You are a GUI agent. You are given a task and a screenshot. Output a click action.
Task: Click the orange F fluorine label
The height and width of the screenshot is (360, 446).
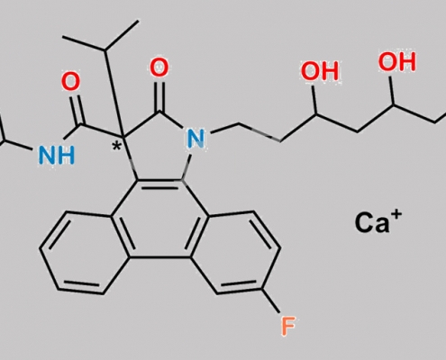point(288,327)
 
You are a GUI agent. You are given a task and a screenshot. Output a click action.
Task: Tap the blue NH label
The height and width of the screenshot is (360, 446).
point(57,156)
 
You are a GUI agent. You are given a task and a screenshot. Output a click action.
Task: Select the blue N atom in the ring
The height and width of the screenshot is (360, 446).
point(196,139)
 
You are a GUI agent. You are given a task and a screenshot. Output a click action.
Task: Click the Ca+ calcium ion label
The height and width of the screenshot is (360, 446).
point(378,221)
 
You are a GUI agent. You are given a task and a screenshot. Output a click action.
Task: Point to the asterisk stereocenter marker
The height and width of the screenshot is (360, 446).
point(116,147)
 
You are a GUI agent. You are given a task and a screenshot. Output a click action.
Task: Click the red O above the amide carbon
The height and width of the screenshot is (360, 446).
point(71,82)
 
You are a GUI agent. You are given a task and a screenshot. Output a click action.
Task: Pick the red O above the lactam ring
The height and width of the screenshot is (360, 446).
point(159,67)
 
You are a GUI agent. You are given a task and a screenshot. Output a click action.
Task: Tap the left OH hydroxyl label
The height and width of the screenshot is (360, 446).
point(320,71)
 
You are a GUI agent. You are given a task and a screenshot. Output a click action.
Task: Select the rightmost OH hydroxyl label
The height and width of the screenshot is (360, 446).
point(397,62)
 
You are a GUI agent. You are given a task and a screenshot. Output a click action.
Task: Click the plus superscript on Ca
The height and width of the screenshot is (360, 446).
point(396,214)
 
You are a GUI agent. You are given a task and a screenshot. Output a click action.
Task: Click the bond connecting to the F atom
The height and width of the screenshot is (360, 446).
point(270,301)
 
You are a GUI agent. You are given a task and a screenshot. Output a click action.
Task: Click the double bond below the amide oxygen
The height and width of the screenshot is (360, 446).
point(77,110)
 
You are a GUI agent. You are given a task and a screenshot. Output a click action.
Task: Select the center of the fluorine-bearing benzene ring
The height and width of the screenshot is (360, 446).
point(235,252)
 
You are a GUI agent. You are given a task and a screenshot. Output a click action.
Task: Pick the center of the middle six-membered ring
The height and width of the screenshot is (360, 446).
point(160,219)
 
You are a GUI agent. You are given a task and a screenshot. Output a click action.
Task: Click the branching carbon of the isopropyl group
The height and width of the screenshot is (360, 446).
point(105,49)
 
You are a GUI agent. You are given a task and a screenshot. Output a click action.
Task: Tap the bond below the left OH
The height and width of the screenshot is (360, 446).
point(314,100)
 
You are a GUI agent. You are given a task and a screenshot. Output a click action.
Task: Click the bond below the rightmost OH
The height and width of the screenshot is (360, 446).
point(392,90)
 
